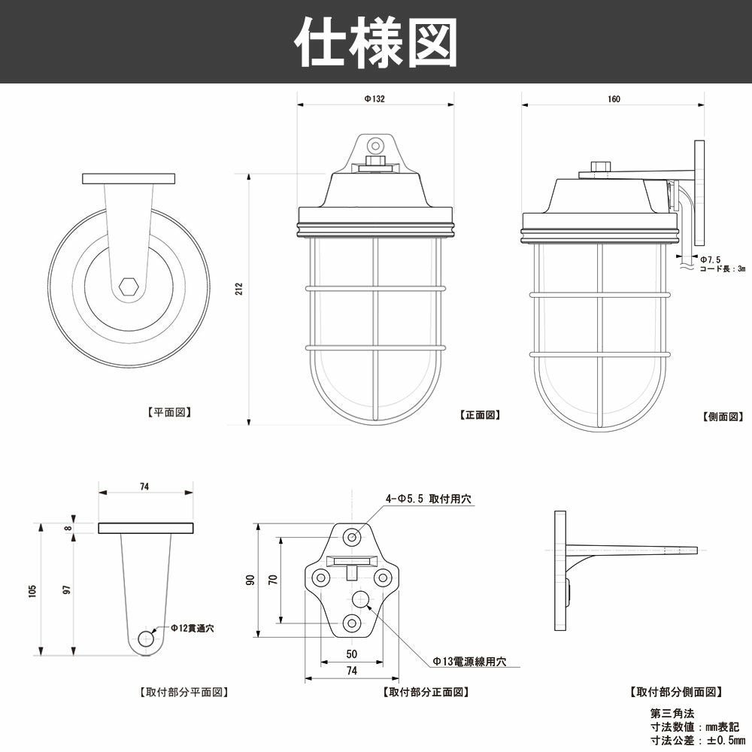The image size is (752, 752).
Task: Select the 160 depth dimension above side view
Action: [x=614, y=99]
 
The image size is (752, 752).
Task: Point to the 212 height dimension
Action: [x=239, y=288]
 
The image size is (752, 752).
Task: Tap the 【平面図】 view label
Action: [x=168, y=412]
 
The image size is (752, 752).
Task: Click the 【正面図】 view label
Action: [x=480, y=414]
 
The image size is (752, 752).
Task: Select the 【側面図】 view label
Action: [x=723, y=416]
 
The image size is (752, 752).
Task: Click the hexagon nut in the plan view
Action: [x=129, y=287]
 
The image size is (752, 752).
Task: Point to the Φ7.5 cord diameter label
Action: [x=710, y=259]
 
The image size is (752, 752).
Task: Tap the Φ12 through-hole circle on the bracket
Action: [x=146, y=639]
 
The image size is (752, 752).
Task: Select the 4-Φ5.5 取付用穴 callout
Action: [x=429, y=499]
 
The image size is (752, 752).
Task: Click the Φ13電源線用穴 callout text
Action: [x=469, y=662]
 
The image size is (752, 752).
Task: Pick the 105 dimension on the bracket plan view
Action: [x=32, y=591]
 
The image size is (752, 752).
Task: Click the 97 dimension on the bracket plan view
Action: [x=67, y=591]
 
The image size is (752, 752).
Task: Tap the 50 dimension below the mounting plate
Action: [x=351, y=654]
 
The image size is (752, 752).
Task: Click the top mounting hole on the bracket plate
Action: [x=352, y=536]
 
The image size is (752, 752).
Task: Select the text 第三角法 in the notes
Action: [x=672, y=712]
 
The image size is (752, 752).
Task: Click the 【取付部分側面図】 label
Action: [x=675, y=691]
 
